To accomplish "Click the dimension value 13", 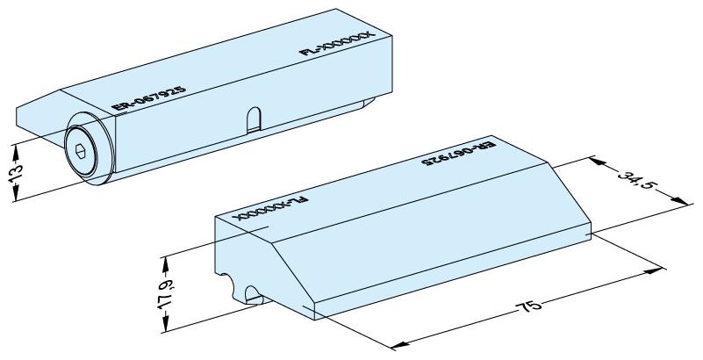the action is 15,173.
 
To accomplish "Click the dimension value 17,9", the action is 167,293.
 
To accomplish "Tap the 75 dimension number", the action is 529,307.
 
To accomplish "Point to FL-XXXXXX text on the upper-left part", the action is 336,43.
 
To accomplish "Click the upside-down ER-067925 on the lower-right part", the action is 458,154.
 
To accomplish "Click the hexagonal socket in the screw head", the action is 80,151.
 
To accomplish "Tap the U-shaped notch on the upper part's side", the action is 254,119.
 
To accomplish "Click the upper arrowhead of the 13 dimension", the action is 15,153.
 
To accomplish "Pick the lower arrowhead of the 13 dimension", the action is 15,194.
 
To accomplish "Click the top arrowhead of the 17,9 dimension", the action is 167,264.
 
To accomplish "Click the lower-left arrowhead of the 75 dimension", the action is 399,345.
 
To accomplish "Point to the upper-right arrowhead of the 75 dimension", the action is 654,270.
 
